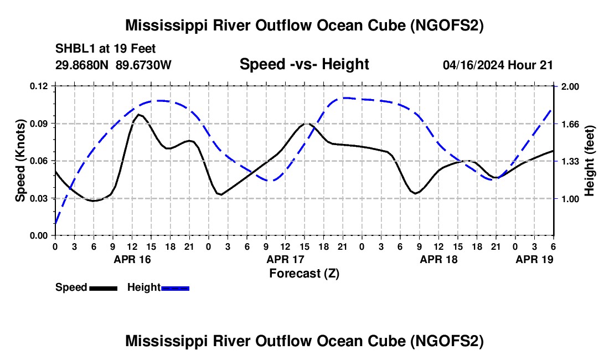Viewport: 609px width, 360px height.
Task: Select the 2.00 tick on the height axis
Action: pos(570,86)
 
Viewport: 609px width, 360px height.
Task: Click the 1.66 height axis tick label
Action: pos(570,124)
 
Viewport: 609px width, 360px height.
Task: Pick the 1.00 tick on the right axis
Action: pos(570,199)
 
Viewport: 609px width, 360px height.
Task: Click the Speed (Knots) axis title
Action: pos(20,161)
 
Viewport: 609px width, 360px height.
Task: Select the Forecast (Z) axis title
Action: pos(304,273)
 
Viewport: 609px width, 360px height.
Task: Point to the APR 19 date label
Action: pos(534,259)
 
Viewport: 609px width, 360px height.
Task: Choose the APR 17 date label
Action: pos(286,259)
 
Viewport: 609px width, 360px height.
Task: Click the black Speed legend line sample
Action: pos(103,287)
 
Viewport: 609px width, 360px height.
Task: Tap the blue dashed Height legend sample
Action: pos(176,287)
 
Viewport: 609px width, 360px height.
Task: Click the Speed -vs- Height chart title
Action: pos(304,64)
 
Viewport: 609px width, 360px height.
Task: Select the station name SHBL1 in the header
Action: pos(73,48)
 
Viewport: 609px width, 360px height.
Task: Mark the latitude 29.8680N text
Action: pos(83,65)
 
